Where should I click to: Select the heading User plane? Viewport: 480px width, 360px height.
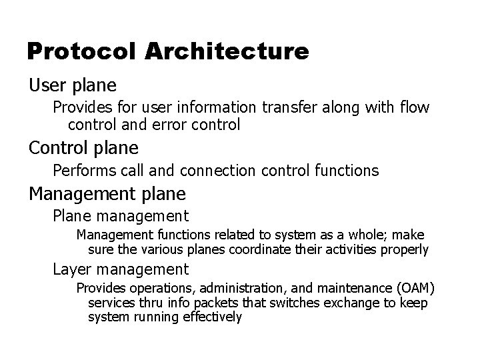point(73,85)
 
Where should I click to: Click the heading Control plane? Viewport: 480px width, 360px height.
point(83,147)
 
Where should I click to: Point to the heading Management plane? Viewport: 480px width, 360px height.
point(107,194)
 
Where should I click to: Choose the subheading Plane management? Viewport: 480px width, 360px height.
point(121,216)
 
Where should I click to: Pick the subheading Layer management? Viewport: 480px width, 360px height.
point(121,269)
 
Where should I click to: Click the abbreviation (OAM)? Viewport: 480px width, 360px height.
point(415,288)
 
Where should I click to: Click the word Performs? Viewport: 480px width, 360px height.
point(83,171)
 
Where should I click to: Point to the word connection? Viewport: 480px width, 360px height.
point(222,171)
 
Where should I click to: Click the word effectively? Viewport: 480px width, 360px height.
point(207,317)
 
